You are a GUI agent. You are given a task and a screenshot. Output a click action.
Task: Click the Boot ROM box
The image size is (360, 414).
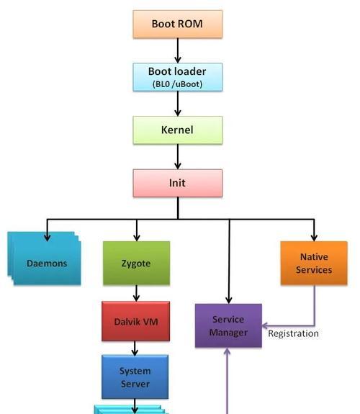(178, 24)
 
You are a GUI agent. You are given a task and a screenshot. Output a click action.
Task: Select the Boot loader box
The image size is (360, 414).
(178, 77)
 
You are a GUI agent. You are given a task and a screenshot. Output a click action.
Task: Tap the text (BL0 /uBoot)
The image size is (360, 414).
(177, 84)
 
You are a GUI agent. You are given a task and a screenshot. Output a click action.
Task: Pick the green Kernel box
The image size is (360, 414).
(178, 130)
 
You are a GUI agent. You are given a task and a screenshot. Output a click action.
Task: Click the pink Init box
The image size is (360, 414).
(178, 183)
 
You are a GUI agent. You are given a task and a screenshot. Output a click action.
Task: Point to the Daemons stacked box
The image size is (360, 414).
(44, 258)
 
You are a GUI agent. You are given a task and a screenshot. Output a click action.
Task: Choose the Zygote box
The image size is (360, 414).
(136, 263)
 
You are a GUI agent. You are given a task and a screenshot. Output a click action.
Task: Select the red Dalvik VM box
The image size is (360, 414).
(136, 321)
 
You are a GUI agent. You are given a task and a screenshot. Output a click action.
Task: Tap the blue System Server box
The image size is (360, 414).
(135, 377)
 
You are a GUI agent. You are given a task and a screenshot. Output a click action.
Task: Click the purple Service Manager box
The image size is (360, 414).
(228, 325)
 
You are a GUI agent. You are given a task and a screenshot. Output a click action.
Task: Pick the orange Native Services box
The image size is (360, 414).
(314, 263)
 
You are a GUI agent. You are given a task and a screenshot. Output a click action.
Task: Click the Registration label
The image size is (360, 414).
(293, 333)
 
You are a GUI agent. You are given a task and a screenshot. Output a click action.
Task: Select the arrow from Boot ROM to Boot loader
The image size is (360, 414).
(178, 50)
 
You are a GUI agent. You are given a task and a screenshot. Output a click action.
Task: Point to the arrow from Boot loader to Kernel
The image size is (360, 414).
(178, 104)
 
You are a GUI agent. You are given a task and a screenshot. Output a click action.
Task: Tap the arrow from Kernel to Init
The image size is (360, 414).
(178, 157)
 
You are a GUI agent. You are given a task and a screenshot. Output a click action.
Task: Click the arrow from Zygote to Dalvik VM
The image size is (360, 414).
(136, 293)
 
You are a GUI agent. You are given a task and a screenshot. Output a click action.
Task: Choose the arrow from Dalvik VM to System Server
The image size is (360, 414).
(135, 348)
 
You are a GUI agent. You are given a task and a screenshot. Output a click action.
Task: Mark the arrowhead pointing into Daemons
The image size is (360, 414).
(47, 238)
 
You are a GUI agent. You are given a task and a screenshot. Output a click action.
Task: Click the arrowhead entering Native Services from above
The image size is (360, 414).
(314, 238)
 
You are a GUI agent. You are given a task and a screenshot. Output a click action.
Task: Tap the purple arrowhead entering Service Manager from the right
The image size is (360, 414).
(265, 325)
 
